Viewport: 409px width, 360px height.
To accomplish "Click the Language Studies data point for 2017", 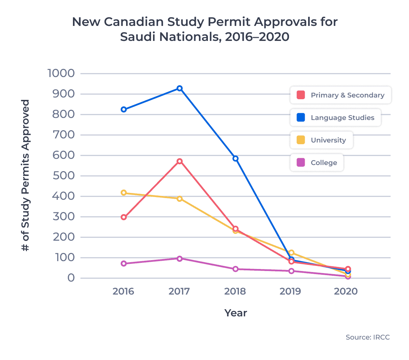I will pyautogui.click(x=179, y=88).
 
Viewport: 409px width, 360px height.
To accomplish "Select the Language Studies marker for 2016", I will pyautogui.click(x=124, y=109).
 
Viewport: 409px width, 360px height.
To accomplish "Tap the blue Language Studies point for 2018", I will pyautogui.click(x=235, y=159).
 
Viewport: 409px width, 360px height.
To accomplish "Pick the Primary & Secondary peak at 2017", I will pyautogui.click(x=179, y=161).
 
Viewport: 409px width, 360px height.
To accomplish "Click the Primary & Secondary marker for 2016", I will pyautogui.click(x=124, y=217).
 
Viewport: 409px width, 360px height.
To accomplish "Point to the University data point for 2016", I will pyautogui.click(x=124, y=193).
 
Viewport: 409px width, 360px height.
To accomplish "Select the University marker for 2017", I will pyautogui.click(x=179, y=199).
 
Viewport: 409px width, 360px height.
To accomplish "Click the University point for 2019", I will pyautogui.click(x=291, y=253).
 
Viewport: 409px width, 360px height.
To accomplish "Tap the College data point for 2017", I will pyautogui.click(x=179, y=258).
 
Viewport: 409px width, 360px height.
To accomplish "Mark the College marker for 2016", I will pyautogui.click(x=124, y=264).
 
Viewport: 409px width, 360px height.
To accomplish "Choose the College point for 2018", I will pyautogui.click(x=235, y=269).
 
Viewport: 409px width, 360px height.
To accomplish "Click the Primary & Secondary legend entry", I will pyautogui.click(x=340, y=95).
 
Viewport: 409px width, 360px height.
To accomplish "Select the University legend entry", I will pyautogui.click(x=321, y=140).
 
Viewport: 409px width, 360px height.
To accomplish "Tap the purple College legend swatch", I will pyautogui.click(x=301, y=163).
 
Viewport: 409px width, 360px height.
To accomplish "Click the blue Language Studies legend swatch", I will pyautogui.click(x=301, y=118).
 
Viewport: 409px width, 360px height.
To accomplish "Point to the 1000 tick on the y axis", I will pyautogui.click(x=61, y=73).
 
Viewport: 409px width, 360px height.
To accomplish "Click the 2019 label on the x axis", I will pyautogui.click(x=290, y=291).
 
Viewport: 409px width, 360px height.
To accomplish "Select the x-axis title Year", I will pyautogui.click(x=236, y=313).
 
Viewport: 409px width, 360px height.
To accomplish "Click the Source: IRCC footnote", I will pyautogui.click(x=367, y=337).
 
